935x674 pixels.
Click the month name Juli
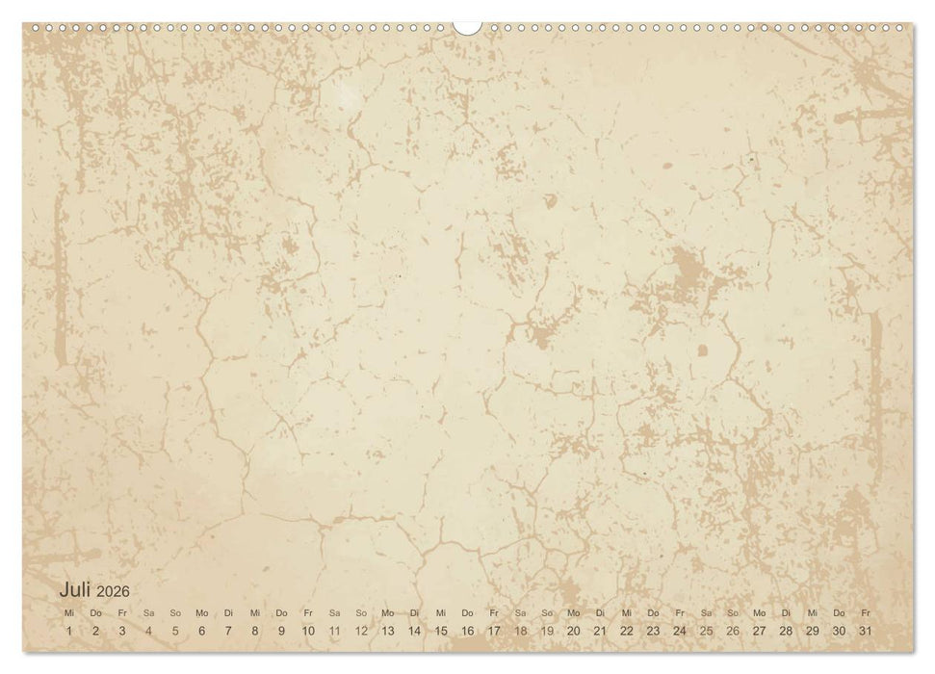click(x=76, y=588)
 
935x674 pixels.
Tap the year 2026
click(x=113, y=590)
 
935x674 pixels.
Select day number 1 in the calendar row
click(x=68, y=631)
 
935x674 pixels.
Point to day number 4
click(x=148, y=631)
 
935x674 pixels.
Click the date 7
click(x=228, y=631)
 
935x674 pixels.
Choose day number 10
click(x=308, y=631)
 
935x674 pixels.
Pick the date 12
click(x=361, y=631)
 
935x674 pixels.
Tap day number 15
click(x=441, y=631)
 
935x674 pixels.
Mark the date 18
click(x=520, y=631)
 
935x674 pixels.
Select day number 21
click(x=600, y=631)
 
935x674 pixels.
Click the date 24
click(x=680, y=631)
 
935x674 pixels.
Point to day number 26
click(x=733, y=631)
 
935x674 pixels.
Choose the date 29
click(x=813, y=631)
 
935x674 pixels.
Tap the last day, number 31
click(x=866, y=631)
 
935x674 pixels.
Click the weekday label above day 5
click(x=175, y=612)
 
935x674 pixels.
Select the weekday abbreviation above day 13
click(x=387, y=612)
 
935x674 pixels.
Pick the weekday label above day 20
click(x=573, y=612)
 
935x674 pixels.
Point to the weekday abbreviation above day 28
click(x=786, y=612)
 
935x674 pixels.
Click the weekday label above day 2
click(x=95, y=612)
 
